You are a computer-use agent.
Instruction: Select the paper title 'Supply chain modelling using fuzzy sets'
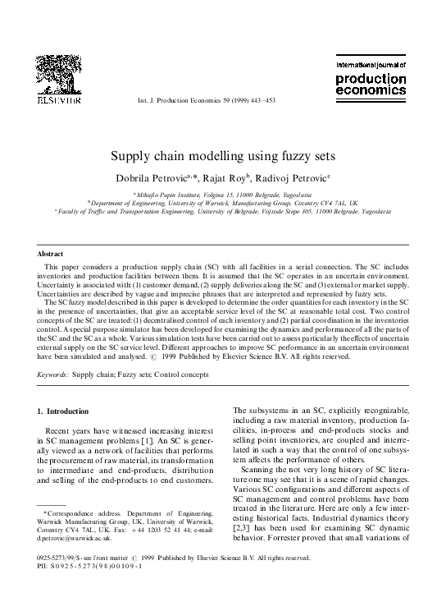pos(223,155)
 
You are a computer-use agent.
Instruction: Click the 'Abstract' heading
pos(51,255)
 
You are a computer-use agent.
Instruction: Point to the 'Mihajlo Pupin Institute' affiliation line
pos(223,193)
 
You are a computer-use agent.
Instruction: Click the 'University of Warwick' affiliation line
pos(223,202)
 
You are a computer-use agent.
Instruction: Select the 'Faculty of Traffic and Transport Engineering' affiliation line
pos(223,211)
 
